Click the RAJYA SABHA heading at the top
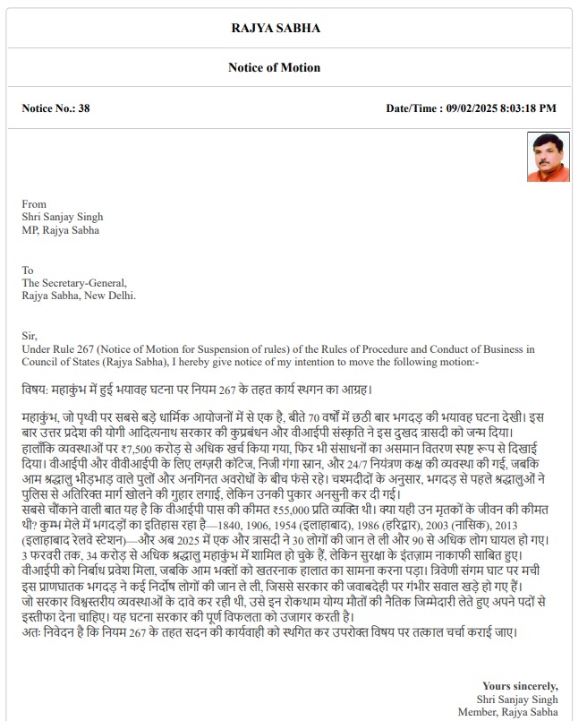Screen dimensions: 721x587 (287, 28)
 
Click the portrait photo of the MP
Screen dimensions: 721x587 (542, 157)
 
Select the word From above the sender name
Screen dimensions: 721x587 (34, 203)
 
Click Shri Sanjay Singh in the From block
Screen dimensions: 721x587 (63, 217)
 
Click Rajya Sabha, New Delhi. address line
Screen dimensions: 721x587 (79, 295)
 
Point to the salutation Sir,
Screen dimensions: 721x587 (30, 335)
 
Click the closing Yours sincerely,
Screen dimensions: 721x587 (520, 686)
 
